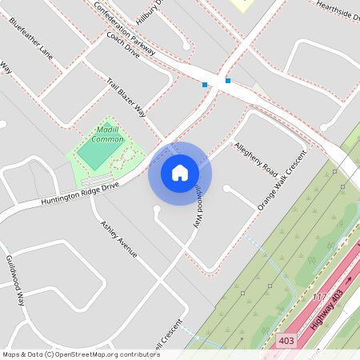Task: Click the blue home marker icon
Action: (x=180, y=173)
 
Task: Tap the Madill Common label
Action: (x=107, y=134)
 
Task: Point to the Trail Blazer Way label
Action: (x=126, y=97)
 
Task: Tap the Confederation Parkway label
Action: (x=124, y=25)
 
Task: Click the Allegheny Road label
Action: (x=256, y=158)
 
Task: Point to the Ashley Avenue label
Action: (x=118, y=239)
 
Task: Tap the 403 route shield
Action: (x=286, y=341)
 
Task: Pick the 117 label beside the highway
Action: (x=320, y=298)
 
